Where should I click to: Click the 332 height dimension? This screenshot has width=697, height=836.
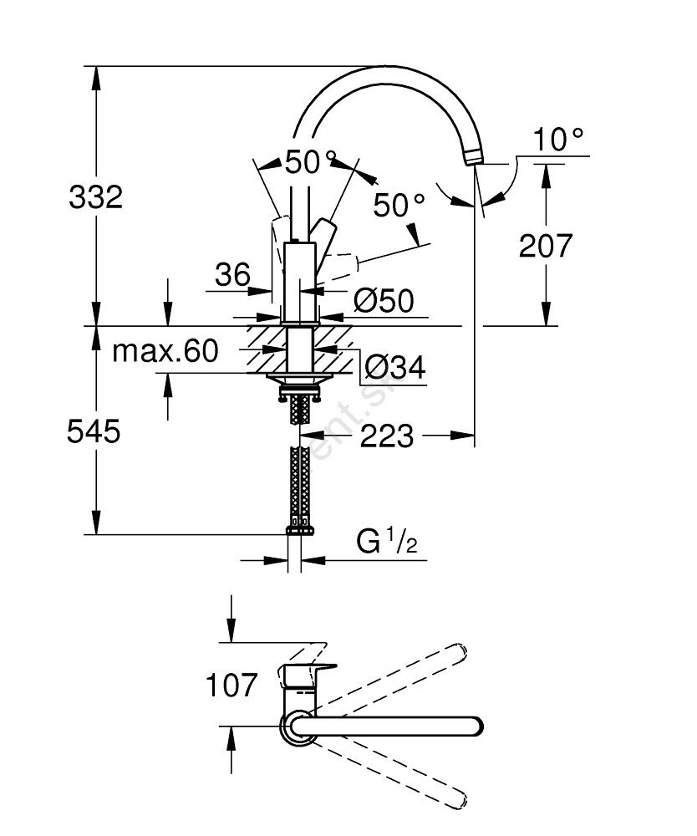coord(95,197)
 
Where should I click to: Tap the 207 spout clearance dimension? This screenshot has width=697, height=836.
coord(546,245)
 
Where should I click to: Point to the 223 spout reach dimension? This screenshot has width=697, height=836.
coord(387,435)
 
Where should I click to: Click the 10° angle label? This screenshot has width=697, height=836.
coord(558,140)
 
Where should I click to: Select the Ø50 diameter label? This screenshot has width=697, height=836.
coord(383,300)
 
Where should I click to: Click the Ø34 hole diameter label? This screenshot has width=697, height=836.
coord(395,366)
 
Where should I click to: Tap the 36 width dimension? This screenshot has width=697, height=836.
coord(232,273)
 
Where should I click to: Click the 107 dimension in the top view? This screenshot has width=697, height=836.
coord(231,686)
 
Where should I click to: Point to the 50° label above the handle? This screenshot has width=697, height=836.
coord(311,161)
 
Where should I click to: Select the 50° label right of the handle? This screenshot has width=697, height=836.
coord(399,205)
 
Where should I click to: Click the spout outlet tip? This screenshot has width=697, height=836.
coord(472,156)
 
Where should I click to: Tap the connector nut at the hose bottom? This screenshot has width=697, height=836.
coord(301,528)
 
